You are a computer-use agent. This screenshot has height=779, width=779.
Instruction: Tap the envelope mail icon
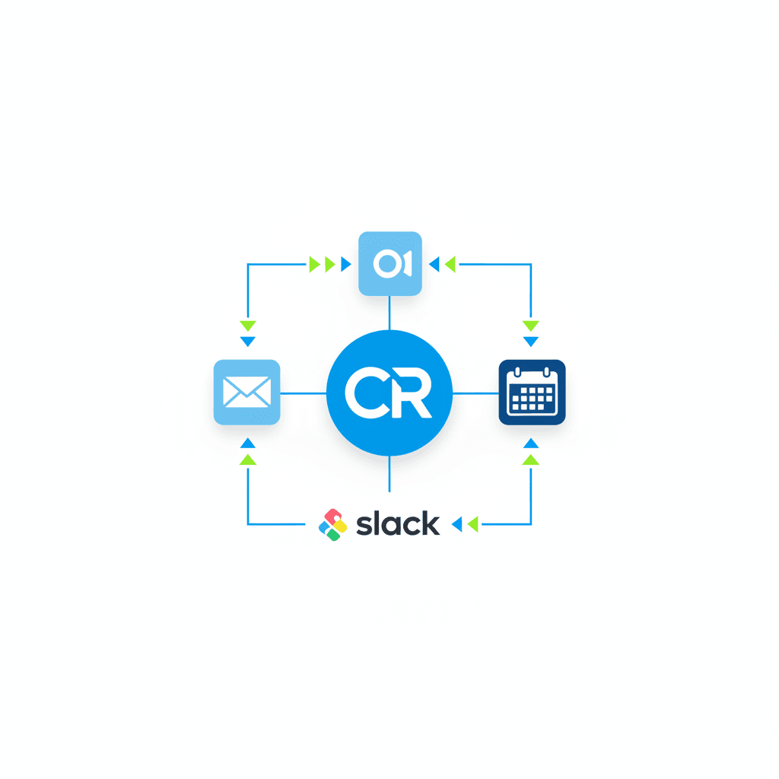pos(247,393)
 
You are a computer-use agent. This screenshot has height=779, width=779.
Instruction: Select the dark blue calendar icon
pos(532,393)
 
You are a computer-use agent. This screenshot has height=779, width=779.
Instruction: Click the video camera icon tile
pos(389,263)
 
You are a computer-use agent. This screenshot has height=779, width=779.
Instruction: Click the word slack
pos(398,523)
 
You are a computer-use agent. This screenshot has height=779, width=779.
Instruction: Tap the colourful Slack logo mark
pos(332,524)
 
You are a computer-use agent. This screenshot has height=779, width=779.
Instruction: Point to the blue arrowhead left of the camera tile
pos(345,264)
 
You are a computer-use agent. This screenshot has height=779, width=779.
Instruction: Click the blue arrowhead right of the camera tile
pos(435,264)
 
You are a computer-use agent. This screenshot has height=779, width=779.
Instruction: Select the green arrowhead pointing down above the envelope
pos(247,326)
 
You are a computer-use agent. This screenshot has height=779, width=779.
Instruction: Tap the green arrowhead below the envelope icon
pos(247,459)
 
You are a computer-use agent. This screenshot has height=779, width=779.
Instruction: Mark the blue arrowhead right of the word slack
pos(457,523)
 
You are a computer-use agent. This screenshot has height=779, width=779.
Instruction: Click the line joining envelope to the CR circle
pos(304,393)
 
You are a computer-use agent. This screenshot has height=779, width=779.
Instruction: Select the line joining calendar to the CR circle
pos(475,393)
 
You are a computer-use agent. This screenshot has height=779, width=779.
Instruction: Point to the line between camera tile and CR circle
pos(389,313)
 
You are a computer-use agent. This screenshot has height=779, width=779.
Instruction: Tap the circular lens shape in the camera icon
pos(386,263)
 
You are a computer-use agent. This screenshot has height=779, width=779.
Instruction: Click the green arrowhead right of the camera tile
pos(450,264)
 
